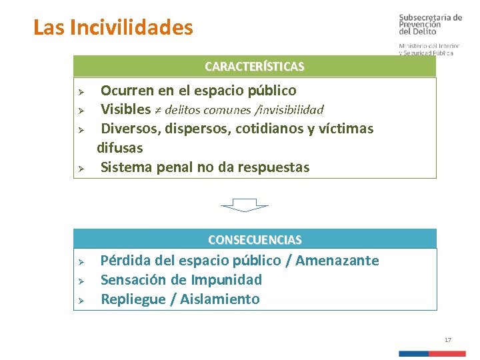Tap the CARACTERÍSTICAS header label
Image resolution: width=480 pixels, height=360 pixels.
(254, 67)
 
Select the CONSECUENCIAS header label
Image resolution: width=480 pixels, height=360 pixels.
(255, 239)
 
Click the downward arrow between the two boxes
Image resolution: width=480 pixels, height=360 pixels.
(244, 205)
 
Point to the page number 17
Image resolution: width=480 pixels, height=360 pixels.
(448, 340)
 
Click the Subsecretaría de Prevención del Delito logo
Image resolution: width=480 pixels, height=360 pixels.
(429, 25)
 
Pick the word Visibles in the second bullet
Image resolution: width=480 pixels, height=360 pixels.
(125, 109)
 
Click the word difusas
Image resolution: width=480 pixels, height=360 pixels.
(120, 147)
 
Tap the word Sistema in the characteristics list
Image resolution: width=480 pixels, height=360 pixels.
(126, 167)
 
